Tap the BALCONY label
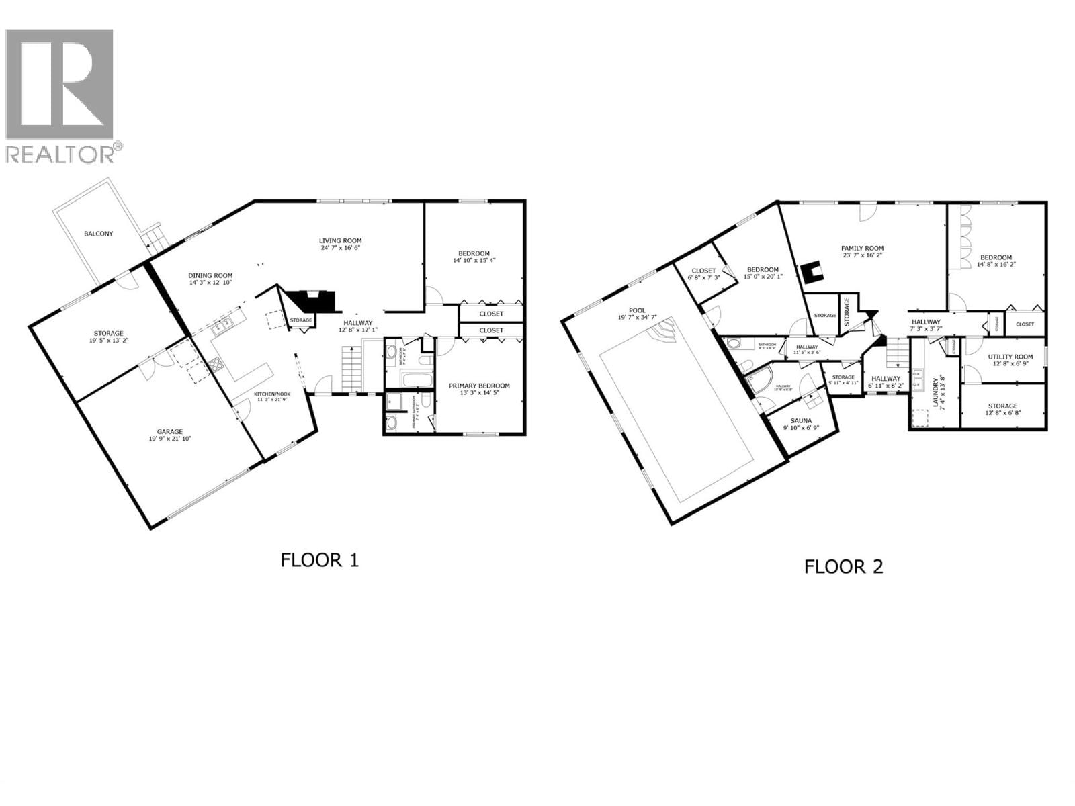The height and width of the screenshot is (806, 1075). tap(99, 234)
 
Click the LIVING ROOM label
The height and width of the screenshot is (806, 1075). tap(340, 240)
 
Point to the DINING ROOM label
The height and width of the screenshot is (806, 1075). tap(210, 275)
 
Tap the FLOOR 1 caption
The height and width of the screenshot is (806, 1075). tap(320, 560)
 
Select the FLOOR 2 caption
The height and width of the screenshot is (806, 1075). tap(844, 567)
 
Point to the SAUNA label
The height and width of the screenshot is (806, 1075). tap(801, 421)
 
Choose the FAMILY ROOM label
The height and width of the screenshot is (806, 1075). tap(863, 248)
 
